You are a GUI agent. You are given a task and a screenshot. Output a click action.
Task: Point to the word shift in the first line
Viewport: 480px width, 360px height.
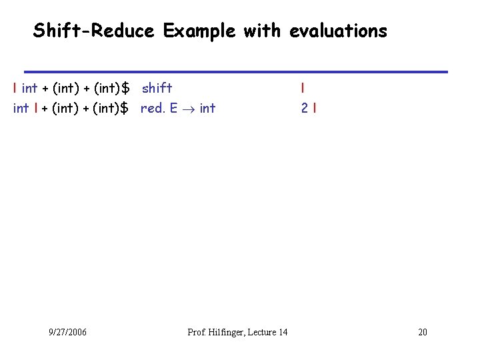click(157, 87)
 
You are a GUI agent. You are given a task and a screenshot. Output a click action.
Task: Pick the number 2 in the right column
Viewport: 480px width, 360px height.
click(303, 107)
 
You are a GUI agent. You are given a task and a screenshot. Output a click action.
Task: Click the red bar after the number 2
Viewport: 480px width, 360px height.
click(313, 107)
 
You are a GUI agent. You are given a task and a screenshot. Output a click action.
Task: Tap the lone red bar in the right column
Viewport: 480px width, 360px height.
click(303, 87)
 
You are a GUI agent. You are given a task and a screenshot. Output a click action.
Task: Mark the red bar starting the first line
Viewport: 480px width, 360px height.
click(15, 87)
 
